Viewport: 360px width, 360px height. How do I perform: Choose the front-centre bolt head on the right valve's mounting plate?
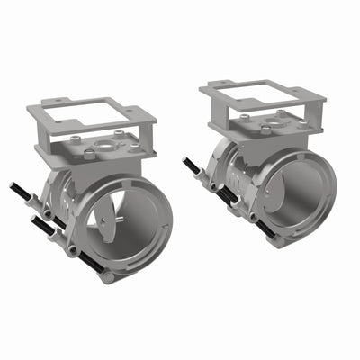pos(265,131)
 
